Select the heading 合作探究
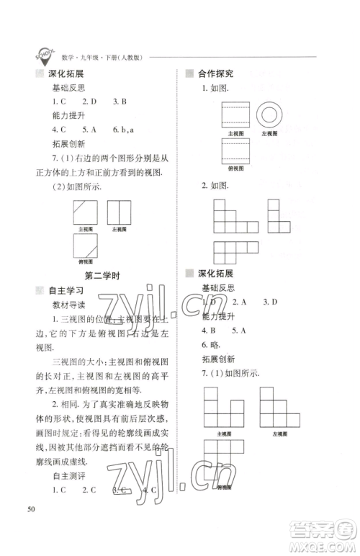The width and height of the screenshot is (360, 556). [x=220, y=73]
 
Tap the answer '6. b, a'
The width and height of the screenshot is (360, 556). [x=124, y=130]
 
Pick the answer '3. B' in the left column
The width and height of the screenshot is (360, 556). [x=120, y=102]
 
